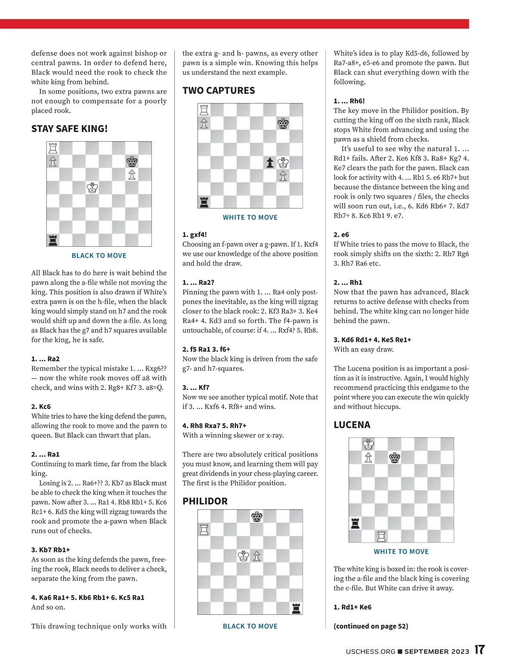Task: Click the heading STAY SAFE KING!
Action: pyautogui.click(x=69, y=128)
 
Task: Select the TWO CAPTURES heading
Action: pyautogui.click(x=218, y=91)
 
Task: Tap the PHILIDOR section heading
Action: pyautogui.click(x=205, y=501)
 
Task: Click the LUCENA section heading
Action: pyautogui.click(x=352, y=425)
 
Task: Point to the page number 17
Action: pyautogui.click(x=479, y=650)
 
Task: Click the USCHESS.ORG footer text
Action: pyautogui.click(x=370, y=651)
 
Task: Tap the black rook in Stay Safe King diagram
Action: pyautogui.click(x=53, y=240)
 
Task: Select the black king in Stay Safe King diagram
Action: pyautogui.click(x=132, y=162)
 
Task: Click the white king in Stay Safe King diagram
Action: pyautogui.click(x=92, y=188)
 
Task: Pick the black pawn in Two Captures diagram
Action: pyautogui.click(x=270, y=163)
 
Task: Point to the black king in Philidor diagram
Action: pyautogui.click(x=257, y=516)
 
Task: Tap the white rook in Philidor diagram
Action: pyautogui.click(x=204, y=529)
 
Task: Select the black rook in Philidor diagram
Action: pyautogui.click(x=296, y=608)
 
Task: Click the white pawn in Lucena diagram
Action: pyautogui.click(x=368, y=458)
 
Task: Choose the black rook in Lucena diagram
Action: pyautogui.click(x=355, y=523)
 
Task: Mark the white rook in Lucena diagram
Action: pyautogui.click(x=381, y=536)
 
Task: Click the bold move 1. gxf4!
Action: pyautogui.click(x=194, y=235)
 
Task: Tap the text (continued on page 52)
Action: pyautogui.click(x=371, y=626)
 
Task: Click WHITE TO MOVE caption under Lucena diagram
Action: pyautogui.click(x=401, y=552)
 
